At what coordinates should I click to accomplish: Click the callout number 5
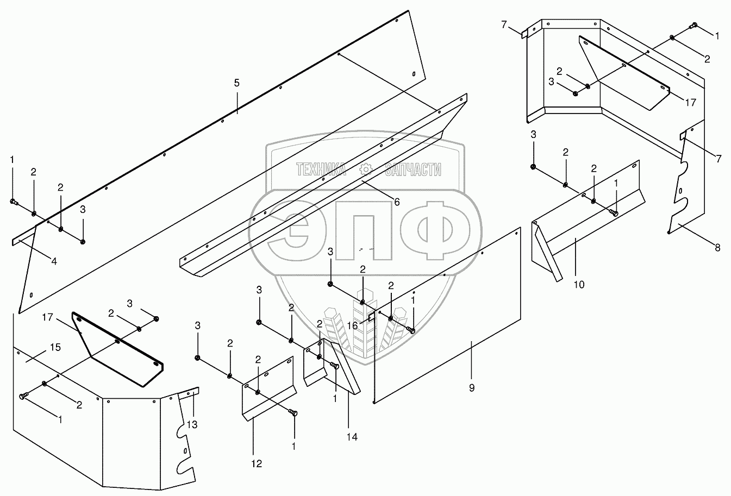click(236, 83)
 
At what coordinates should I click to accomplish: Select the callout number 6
click(397, 202)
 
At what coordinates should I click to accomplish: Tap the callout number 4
click(54, 261)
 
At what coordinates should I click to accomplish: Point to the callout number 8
click(717, 248)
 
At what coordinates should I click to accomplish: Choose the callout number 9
click(472, 388)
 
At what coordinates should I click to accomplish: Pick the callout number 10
click(579, 284)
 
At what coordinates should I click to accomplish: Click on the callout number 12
click(257, 463)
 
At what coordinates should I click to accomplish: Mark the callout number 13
click(192, 424)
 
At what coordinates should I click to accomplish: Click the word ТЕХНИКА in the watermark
click(321, 170)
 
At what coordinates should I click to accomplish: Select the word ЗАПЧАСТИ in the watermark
click(413, 170)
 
